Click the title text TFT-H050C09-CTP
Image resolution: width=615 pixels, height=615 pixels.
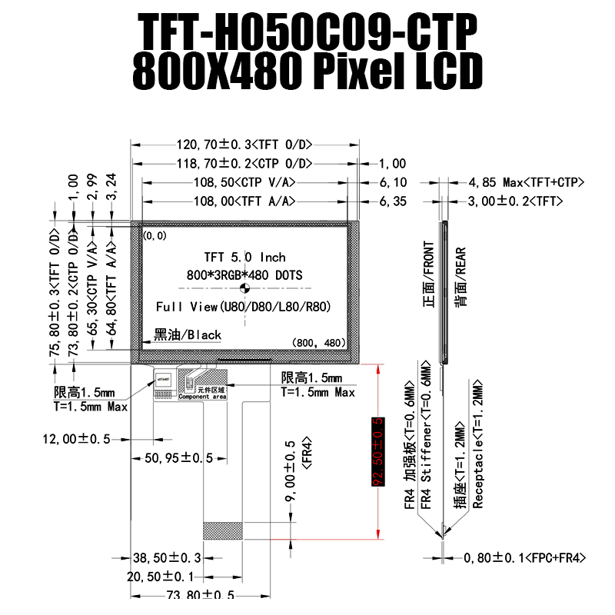(307, 32)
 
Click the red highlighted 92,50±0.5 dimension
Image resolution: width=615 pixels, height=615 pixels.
(377, 453)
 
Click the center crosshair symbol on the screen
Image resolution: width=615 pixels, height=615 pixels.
(245, 289)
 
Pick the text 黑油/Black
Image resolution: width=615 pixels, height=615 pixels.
(188, 334)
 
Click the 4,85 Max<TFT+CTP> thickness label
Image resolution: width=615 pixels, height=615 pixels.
(527, 183)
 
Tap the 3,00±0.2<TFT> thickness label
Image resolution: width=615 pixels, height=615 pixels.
(516, 201)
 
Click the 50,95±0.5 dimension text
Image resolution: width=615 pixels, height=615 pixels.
(178, 457)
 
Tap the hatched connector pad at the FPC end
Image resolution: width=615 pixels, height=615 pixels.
(223, 530)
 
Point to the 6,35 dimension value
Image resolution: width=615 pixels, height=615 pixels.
(393, 201)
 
